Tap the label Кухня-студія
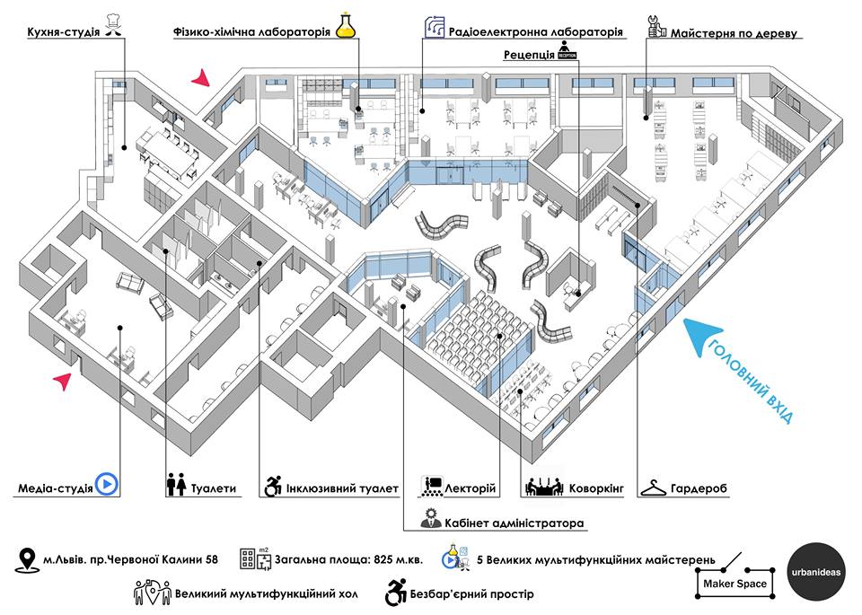click(x=64, y=32)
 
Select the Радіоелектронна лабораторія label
click(x=535, y=32)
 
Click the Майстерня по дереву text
click(x=734, y=33)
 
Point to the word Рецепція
click(x=529, y=55)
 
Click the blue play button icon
click(x=107, y=485)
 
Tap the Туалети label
click(x=214, y=488)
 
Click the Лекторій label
click(x=470, y=488)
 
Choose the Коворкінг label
click(x=596, y=488)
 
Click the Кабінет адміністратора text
click(x=514, y=523)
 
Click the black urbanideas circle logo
click(x=816, y=572)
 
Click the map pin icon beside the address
click(x=26, y=560)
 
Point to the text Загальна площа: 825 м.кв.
click(x=349, y=560)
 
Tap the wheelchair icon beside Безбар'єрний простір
click(x=396, y=593)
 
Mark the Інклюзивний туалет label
click(x=342, y=488)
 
